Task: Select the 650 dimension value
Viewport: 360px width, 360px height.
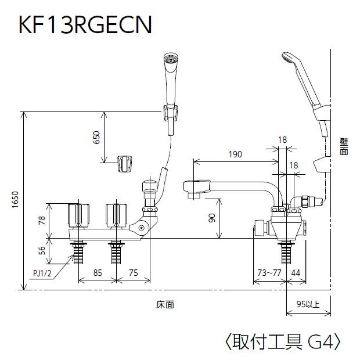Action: click(x=96, y=138)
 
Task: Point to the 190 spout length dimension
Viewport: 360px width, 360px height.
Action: click(x=235, y=154)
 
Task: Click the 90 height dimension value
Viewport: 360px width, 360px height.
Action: click(x=212, y=218)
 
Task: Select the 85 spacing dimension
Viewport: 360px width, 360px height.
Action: click(x=97, y=272)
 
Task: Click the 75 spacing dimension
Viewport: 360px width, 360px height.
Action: click(x=133, y=272)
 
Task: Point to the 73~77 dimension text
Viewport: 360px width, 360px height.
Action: click(x=269, y=272)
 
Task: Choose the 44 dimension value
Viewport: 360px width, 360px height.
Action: click(x=296, y=272)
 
